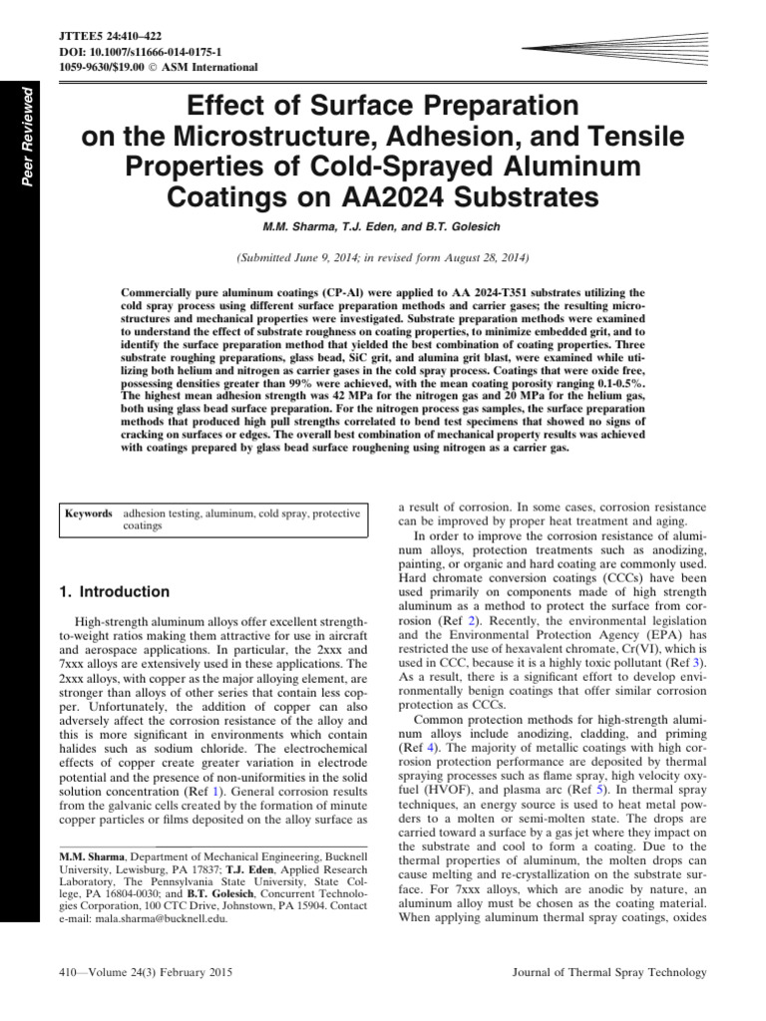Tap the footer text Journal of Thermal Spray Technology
click(x=608, y=973)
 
